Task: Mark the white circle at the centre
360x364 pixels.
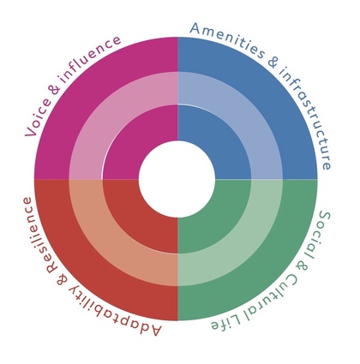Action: click(177, 179)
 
